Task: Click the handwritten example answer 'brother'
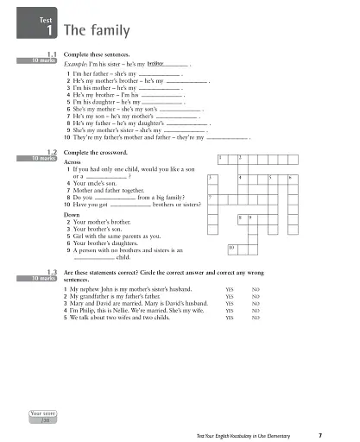point(156,64)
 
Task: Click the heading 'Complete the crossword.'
point(98,129)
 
